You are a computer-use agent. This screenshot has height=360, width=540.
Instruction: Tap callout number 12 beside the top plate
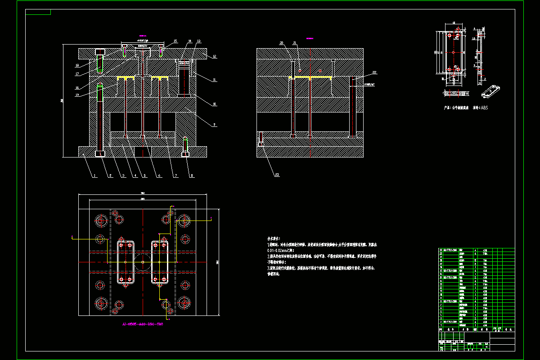pos(215,56)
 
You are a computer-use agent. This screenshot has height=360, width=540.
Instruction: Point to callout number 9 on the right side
pos(215,125)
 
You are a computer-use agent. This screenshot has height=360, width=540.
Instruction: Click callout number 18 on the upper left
pos(77,66)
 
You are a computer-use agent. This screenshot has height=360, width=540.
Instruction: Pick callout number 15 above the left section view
pos(175,41)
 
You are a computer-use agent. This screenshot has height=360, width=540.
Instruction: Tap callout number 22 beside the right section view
pos(373,72)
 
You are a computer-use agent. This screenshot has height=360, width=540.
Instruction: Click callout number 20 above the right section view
pos(282,43)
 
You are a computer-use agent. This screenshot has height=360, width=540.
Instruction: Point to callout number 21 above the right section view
pos(295,43)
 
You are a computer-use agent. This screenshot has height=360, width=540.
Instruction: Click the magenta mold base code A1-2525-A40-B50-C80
pos(143,324)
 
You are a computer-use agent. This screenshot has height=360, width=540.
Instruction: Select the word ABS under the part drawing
pos(484,108)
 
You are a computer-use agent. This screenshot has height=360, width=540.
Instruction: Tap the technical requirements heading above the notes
pos(274,238)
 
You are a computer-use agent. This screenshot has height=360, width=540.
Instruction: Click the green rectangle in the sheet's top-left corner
pos(38,12)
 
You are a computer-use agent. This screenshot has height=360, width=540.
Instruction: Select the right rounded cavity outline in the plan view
pos(160,262)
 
